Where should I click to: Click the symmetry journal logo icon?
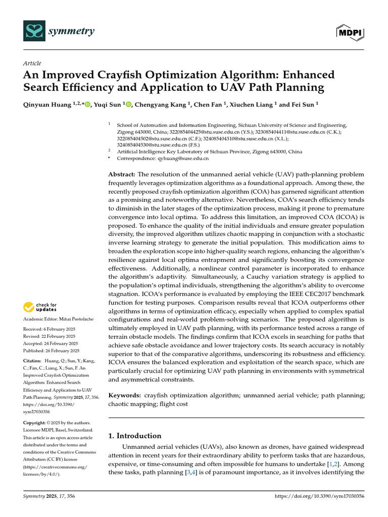click(34, 32)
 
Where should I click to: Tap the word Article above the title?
click(32, 63)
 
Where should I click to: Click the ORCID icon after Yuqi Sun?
click(128, 105)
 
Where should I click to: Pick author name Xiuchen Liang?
click(250, 105)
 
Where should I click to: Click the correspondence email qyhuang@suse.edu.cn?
click(182, 158)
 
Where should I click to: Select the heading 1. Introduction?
click(135, 436)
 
